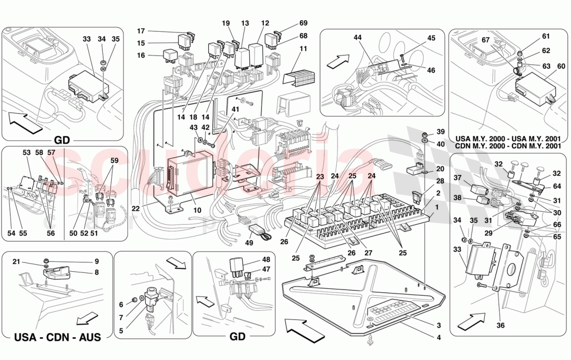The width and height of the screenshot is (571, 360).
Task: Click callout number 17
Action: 141,31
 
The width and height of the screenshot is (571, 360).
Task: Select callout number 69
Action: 304,23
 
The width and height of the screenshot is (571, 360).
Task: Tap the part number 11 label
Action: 303,49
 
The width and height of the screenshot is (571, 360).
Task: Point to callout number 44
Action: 358,38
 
